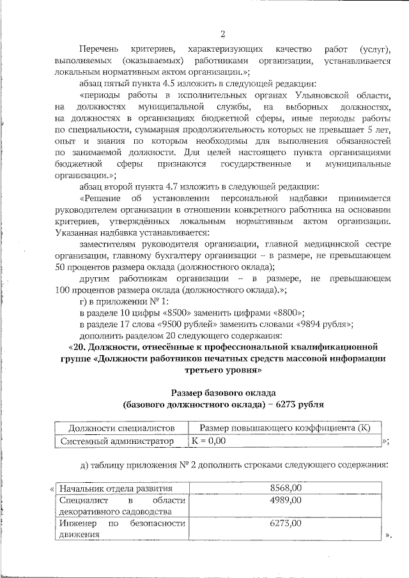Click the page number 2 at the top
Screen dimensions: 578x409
(222, 34)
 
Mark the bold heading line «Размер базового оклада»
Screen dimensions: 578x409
(223, 392)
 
